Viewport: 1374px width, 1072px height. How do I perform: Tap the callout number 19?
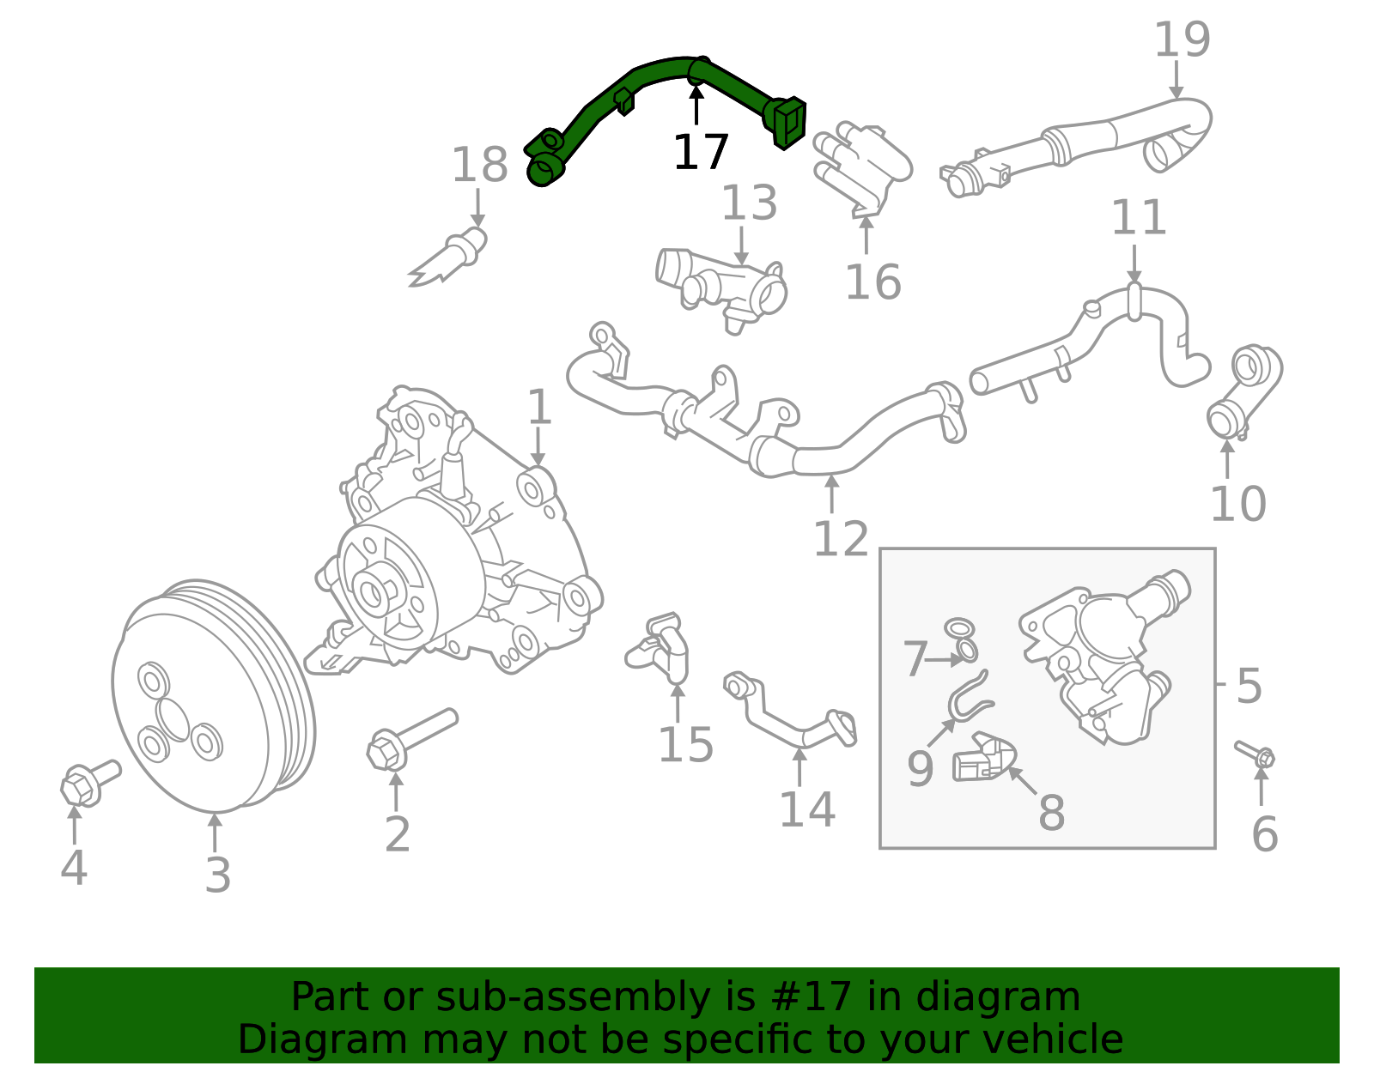click(1182, 41)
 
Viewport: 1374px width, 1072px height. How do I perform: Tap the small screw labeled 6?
click(1255, 754)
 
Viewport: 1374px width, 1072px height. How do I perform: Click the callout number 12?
click(841, 540)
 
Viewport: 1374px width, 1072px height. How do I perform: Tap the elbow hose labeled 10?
click(1243, 391)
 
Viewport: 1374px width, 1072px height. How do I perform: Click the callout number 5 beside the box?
click(1249, 687)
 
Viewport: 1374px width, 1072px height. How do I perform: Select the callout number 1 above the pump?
click(539, 407)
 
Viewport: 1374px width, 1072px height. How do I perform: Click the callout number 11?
click(1139, 219)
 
